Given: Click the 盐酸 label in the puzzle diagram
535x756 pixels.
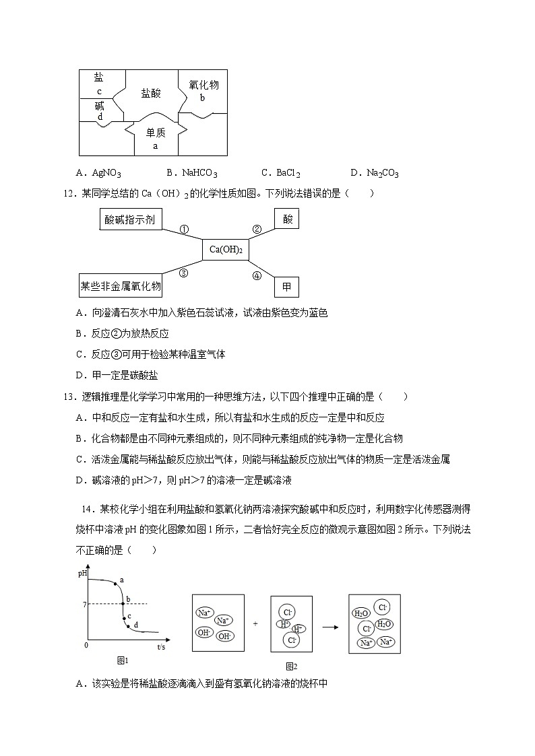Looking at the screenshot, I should (x=151, y=94).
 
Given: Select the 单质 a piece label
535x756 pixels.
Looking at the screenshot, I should (x=156, y=138).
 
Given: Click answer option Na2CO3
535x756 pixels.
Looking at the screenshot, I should (x=375, y=174).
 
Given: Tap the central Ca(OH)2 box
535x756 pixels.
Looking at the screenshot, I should (x=225, y=250).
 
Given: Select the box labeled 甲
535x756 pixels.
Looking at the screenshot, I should (x=286, y=287).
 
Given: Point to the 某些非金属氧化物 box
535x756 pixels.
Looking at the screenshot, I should (x=121, y=287).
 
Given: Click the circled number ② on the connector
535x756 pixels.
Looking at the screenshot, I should (x=256, y=229).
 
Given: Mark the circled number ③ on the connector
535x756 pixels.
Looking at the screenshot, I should (x=183, y=273).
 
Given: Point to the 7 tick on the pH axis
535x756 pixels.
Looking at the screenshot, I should (x=84, y=605).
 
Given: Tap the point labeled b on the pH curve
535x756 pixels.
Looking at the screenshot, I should (x=123, y=604).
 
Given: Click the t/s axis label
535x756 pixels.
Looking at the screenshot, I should (x=161, y=647).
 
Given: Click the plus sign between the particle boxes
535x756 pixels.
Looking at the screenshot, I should (x=255, y=624).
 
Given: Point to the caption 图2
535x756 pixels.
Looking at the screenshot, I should (x=291, y=666).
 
